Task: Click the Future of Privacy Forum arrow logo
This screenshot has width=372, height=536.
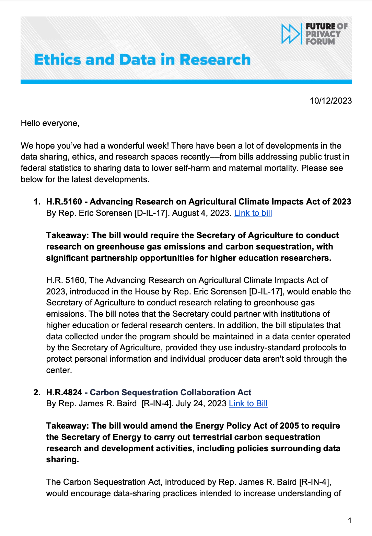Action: tap(290, 34)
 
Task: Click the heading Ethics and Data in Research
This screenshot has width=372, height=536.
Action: tap(142, 60)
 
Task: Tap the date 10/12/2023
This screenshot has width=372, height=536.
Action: tap(330, 101)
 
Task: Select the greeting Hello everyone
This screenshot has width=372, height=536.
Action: tap(50, 123)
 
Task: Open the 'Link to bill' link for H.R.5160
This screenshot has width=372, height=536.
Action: tap(253, 213)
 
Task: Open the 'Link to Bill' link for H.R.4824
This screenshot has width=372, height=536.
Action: tap(248, 404)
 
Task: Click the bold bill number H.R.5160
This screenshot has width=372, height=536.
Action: tap(64, 202)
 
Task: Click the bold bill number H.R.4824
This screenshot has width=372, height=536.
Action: tap(64, 393)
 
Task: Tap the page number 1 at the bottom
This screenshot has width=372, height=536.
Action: tap(349, 521)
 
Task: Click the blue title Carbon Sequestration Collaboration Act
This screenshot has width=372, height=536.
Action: tap(171, 393)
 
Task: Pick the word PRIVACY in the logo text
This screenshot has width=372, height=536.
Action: tap(323, 34)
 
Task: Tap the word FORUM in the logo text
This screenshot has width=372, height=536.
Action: tap(320, 42)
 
